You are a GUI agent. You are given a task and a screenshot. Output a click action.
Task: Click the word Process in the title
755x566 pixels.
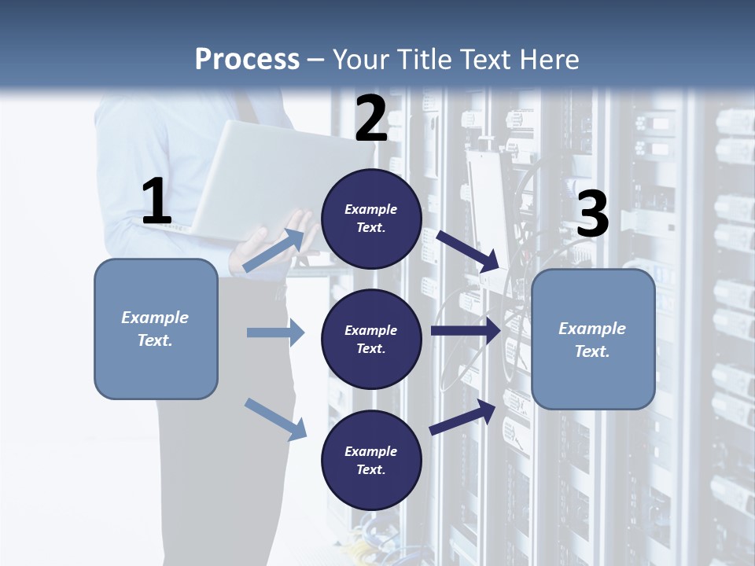click(x=247, y=60)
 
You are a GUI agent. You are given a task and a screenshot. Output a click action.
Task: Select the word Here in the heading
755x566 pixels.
click(x=548, y=60)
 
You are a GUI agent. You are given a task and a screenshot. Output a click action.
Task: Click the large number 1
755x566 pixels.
click(x=157, y=203)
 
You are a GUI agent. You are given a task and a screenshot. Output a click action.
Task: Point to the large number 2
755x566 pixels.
click(x=371, y=119)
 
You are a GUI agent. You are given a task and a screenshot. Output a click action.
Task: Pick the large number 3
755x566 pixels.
click(x=592, y=214)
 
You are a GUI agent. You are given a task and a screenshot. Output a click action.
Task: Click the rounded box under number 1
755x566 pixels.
click(x=156, y=329)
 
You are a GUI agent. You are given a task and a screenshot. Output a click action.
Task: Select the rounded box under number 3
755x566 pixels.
click(x=593, y=340)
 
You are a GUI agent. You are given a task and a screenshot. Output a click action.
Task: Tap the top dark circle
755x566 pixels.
click(x=371, y=219)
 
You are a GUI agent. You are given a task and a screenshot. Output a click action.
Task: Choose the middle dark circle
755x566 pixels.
click(x=371, y=339)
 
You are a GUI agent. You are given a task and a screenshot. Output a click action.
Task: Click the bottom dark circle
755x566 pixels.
click(x=371, y=460)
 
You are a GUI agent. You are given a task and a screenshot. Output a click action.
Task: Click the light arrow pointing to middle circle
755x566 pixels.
click(x=276, y=333)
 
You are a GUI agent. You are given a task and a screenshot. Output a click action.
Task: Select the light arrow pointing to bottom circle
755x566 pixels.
click(x=276, y=419)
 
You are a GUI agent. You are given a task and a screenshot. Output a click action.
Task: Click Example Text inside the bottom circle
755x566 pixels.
click(x=371, y=461)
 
